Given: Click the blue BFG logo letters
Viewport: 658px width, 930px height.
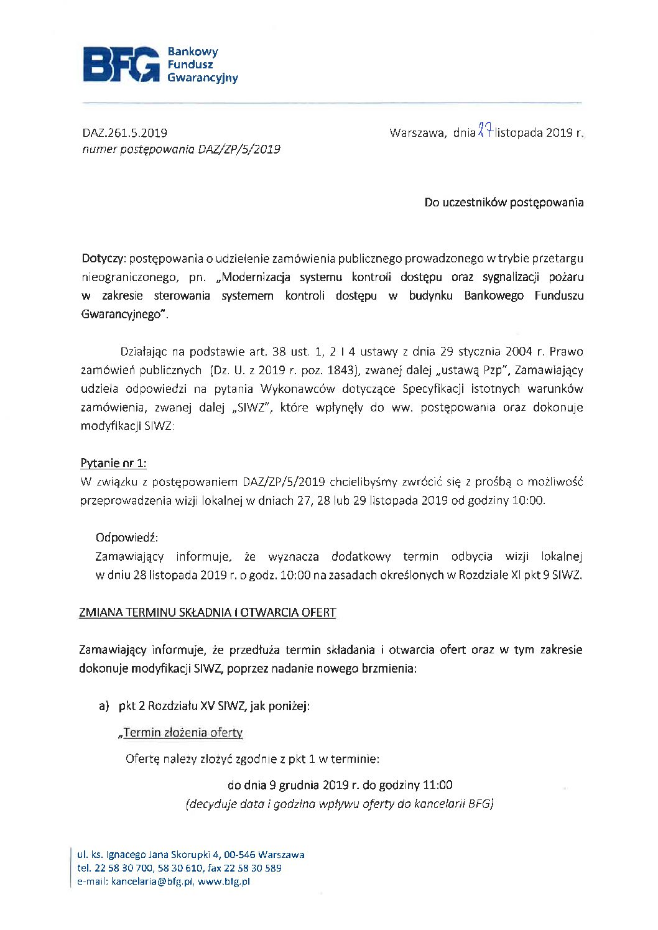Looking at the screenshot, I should pyautogui.click(x=121, y=64).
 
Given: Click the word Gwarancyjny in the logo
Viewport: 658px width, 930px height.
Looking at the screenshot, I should pyautogui.click(x=202, y=78).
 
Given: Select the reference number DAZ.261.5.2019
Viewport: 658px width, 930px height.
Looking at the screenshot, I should pyautogui.click(x=124, y=132).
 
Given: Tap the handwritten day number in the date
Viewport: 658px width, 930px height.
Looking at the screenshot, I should pyautogui.click(x=485, y=131).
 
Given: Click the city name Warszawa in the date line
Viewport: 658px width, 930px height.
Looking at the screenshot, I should pyautogui.click(x=417, y=132).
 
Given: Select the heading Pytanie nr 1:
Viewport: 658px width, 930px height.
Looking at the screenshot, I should pyautogui.click(x=113, y=463).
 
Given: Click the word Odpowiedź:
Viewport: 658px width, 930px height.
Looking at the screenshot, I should pyautogui.click(x=127, y=538).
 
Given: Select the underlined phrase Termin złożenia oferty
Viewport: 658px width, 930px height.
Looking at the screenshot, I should pyautogui.click(x=182, y=732).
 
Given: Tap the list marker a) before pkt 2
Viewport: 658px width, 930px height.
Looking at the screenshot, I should pyautogui.click(x=104, y=706).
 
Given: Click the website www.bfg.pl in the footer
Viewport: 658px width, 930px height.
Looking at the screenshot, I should pyautogui.click(x=224, y=881).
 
